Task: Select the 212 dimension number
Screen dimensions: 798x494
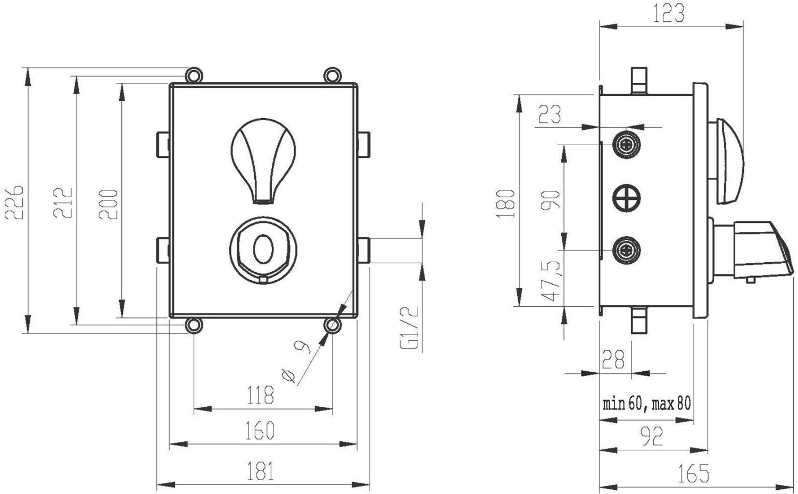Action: click(x=63, y=203)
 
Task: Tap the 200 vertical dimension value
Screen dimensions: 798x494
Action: click(x=108, y=204)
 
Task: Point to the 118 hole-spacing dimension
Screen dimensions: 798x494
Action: click(x=261, y=395)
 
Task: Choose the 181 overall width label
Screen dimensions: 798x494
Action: click(x=261, y=471)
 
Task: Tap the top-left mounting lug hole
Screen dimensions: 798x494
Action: click(x=194, y=76)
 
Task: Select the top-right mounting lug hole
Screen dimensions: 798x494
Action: click(x=332, y=76)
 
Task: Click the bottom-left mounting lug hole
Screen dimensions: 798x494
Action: click(x=194, y=325)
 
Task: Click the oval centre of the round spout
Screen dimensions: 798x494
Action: click(x=263, y=249)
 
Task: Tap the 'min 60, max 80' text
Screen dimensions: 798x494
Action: click(x=646, y=404)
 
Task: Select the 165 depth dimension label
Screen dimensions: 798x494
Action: click(x=693, y=473)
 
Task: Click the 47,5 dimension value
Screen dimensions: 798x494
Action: click(x=551, y=281)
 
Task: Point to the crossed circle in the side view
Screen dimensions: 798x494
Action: click(x=627, y=198)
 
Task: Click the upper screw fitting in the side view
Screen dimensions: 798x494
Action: click(x=627, y=145)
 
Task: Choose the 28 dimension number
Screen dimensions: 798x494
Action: click(x=613, y=359)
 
